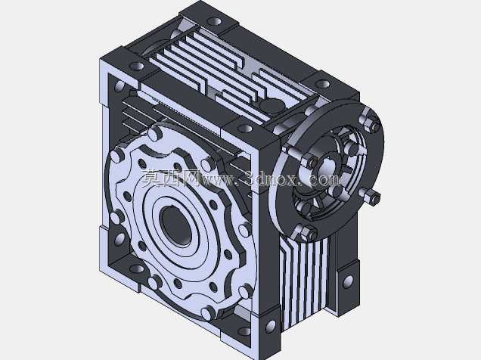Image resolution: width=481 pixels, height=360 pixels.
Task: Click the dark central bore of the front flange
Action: (175, 225)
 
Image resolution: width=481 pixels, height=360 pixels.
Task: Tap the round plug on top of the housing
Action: (272, 106)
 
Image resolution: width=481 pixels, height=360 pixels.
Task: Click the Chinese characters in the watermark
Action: (171, 178)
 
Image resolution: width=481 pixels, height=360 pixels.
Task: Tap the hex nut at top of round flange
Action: (370, 123)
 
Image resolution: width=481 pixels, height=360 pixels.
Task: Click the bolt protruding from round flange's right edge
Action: (371, 197)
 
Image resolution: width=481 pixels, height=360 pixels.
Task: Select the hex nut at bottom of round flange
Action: (307, 233)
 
